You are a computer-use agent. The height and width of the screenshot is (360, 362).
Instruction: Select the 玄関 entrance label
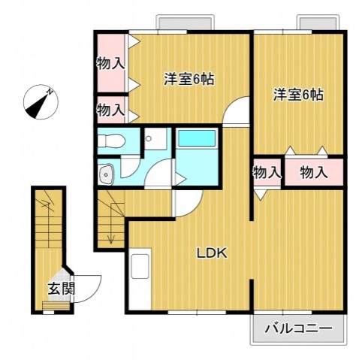click(x=59, y=288)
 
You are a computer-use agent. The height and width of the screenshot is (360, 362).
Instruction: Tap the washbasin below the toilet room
click(x=106, y=174)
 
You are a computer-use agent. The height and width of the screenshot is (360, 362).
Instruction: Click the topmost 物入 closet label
click(x=110, y=64)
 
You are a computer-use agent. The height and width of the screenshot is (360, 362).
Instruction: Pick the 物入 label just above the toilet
click(x=110, y=110)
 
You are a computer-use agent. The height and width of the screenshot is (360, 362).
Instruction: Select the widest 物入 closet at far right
click(x=313, y=172)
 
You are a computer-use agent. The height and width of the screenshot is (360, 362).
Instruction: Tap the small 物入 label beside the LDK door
click(x=266, y=172)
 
